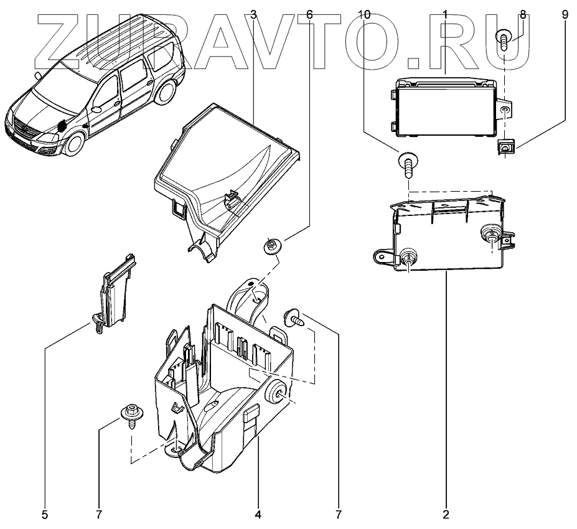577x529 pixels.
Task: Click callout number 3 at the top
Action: click(252, 14)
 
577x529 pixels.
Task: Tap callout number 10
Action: click(365, 14)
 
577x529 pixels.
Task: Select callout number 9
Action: click(565, 14)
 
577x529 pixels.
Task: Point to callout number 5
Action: click(45, 515)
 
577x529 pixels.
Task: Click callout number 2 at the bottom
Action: click(446, 515)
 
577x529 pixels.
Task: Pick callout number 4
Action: click(258, 515)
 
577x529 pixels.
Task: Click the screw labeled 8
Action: click(505, 42)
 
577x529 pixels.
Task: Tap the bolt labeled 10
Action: click(406, 164)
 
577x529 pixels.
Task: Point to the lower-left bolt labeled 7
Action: click(131, 416)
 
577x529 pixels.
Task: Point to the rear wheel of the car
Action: click(165, 93)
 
